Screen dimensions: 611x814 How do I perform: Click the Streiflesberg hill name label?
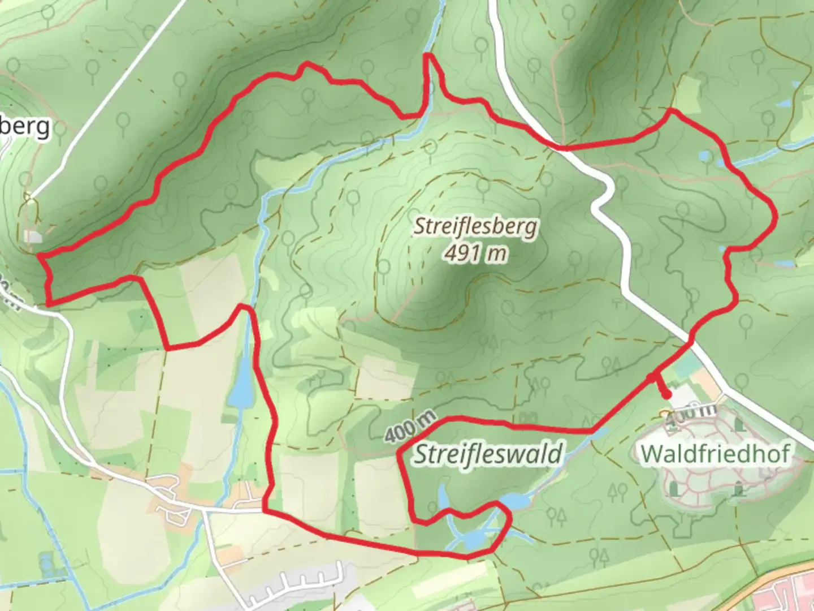tap(475, 227)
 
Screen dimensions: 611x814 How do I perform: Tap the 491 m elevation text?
tap(475, 253)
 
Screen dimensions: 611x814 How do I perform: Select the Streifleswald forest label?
tap(489, 454)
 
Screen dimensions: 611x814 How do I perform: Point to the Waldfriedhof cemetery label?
tap(716, 453)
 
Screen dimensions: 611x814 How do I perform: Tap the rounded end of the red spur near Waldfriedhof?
tap(667, 394)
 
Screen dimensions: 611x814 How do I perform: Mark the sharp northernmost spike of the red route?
tap(429, 55)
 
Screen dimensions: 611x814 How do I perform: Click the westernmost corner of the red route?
tap(40, 256)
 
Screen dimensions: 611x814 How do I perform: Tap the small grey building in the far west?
tap(33, 236)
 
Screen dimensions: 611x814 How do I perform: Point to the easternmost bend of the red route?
tap(776, 217)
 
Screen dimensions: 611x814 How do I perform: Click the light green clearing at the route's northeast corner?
tap(687, 93)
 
